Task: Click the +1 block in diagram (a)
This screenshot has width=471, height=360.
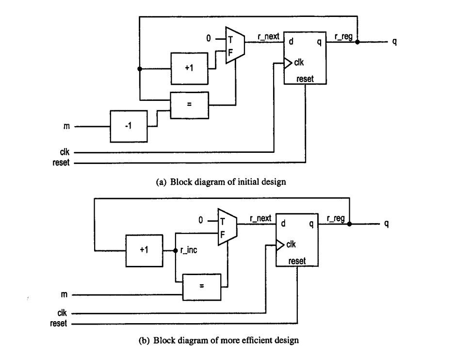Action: click(189, 68)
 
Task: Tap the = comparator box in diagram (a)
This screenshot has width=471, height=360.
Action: click(189, 104)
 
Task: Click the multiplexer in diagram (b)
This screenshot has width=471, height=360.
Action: click(227, 227)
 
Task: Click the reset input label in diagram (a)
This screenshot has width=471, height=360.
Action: click(61, 163)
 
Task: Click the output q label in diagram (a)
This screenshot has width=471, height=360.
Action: click(394, 42)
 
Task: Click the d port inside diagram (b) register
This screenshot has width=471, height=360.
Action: click(283, 225)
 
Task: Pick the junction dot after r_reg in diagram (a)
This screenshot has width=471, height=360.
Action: click(357, 42)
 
